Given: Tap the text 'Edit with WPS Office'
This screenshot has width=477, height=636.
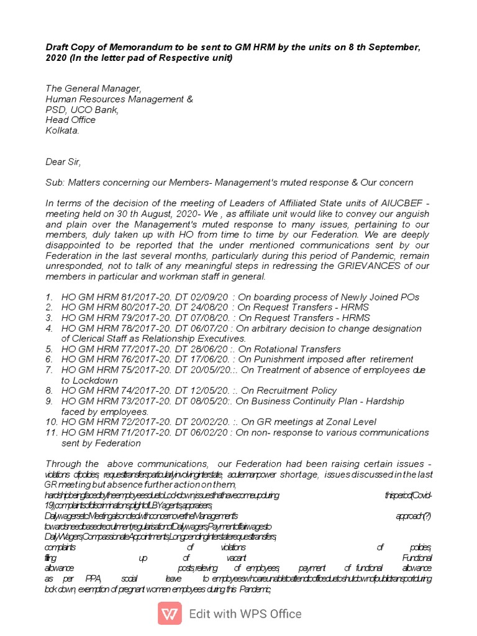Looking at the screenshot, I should click(245, 614).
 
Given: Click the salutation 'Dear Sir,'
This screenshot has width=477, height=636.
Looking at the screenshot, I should click(63, 161).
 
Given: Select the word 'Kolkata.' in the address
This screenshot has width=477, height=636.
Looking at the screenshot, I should click(62, 130).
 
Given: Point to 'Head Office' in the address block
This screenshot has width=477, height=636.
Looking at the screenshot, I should click(70, 120).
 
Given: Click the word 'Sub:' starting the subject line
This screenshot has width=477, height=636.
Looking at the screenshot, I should click(55, 183).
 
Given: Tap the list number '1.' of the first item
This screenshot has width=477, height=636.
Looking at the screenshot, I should click(50, 297).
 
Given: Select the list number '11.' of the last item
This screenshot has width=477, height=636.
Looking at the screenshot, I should click(51, 432).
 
